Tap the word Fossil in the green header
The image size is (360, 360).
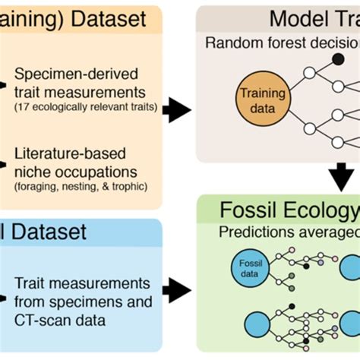251,210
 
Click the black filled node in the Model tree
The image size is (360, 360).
337,58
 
